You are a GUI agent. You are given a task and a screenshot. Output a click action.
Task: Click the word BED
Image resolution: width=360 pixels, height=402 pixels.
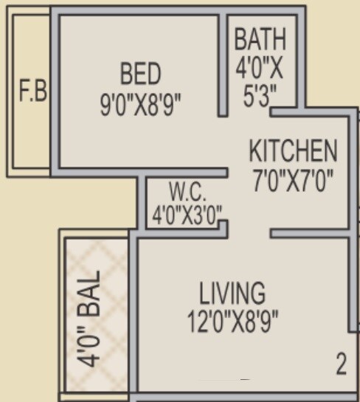point(140,74)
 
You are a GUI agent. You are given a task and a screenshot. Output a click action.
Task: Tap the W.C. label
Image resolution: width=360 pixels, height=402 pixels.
point(187,193)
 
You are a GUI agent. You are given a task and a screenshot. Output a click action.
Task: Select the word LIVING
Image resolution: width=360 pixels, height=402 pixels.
point(232,292)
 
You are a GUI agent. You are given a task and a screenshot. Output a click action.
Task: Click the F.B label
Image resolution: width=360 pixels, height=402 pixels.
point(32,93)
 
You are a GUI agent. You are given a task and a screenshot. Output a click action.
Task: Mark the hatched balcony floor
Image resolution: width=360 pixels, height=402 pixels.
point(97,266)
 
